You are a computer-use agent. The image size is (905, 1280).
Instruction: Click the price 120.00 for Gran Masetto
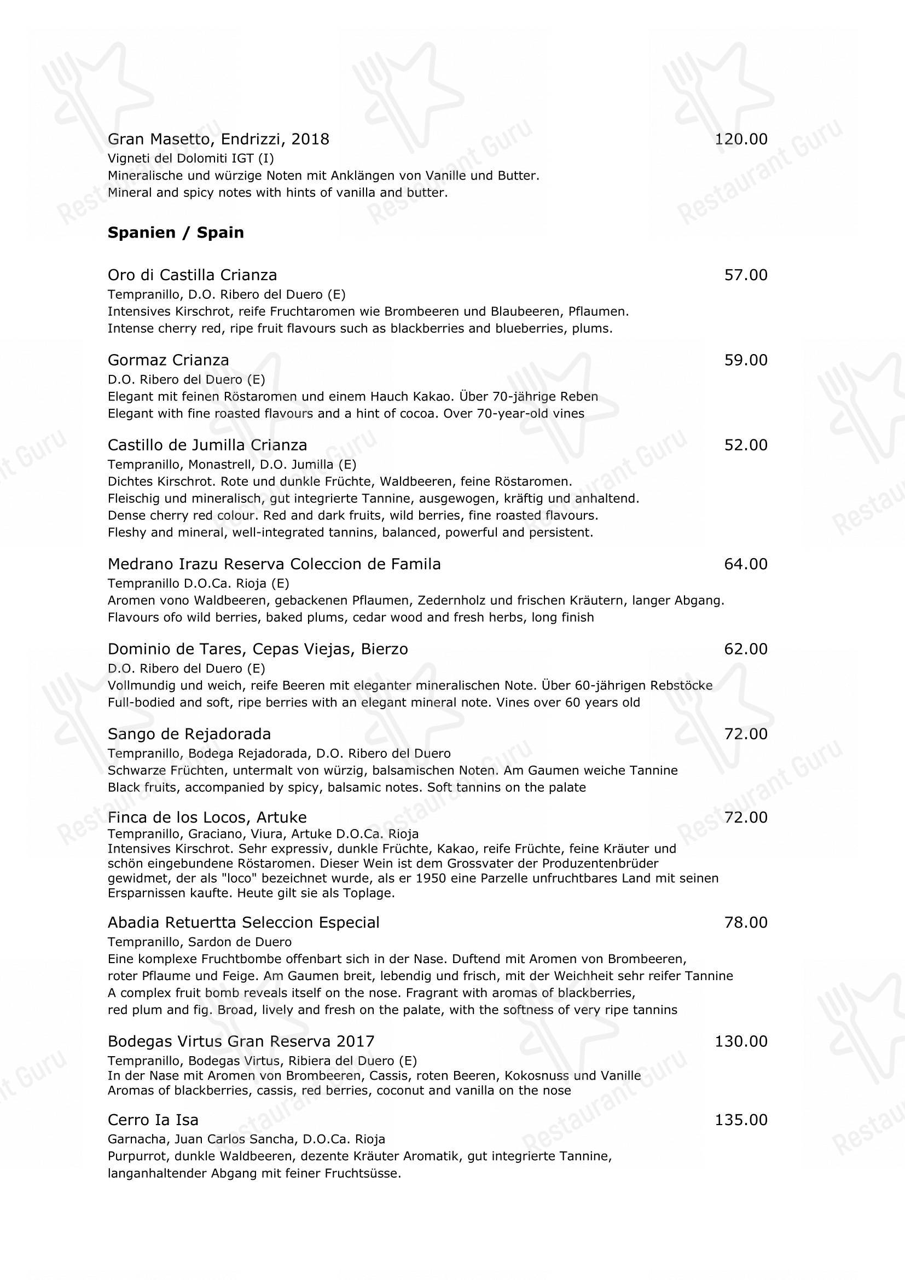(741, 140)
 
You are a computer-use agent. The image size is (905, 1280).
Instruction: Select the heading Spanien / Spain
(176, 233)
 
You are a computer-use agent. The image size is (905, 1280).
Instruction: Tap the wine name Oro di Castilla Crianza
(192, 275)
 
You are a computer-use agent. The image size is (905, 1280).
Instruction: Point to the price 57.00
(745, 275)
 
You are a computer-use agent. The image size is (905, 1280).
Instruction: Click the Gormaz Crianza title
(168, 360)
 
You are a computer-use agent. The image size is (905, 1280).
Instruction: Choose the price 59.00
(745, 360)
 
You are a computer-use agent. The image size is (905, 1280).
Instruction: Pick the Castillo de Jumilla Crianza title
(207, 445)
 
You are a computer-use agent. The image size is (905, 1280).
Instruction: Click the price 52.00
(745, 445)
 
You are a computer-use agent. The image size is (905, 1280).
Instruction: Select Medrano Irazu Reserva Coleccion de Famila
(274, 564)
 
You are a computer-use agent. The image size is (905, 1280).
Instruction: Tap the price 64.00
(745, 564)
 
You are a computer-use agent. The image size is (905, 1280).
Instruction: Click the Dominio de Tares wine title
(258, 650)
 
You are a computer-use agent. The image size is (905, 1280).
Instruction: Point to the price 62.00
(745, 650)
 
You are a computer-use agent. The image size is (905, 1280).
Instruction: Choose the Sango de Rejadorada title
(189, 734)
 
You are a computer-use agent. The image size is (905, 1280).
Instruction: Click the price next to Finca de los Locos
(745, 818)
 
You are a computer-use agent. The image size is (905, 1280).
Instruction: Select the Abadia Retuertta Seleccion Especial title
(243, 923)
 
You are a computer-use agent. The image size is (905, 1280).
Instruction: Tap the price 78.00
(745, 923)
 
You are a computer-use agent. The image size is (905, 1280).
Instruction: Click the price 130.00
(741, 1042)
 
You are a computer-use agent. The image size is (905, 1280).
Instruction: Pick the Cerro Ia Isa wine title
(153, 1120)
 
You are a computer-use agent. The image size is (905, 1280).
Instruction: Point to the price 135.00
(741, 1120)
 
